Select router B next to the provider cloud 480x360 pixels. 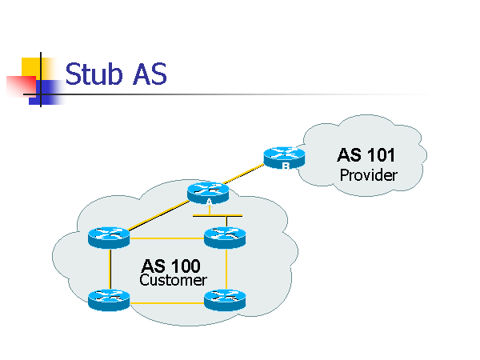(x=284, y=157)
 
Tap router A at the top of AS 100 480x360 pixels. (x=208, y=193)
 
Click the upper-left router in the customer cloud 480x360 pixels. (x=109, y=237)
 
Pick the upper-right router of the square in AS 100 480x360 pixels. (x=225, y=237)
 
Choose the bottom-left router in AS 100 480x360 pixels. (x=109, y=300)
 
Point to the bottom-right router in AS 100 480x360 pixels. (x=225, y=300)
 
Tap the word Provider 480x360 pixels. (x=369, y=174)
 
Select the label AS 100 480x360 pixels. (x=171, y=266)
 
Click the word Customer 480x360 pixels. (x=173, y=281)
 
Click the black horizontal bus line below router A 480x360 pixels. (x=218, y=216)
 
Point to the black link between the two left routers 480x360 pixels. (x=109, y=269)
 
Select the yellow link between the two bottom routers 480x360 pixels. (x=166, y=302)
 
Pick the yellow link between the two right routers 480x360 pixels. (x=226, y=269)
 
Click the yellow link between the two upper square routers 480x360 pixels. (x=166, y=238)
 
